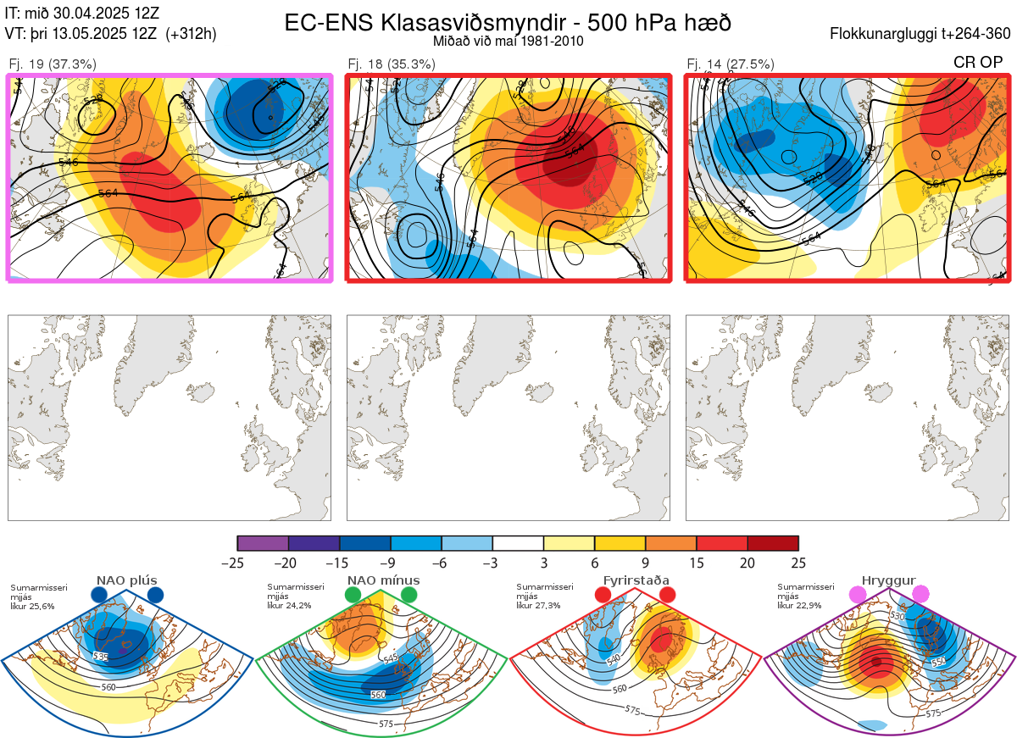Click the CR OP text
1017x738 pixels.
point(979,62)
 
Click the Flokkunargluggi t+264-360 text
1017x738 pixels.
point(922,35)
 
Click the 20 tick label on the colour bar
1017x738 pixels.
point(747,563)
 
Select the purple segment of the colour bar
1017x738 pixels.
point(263,543)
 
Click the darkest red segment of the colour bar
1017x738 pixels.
point(773,543)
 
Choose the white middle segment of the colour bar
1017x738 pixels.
point(518,543)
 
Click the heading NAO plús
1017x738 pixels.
point(127,580)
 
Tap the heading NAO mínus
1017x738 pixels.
point(383,580)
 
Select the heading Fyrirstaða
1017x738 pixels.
point(636,580)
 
